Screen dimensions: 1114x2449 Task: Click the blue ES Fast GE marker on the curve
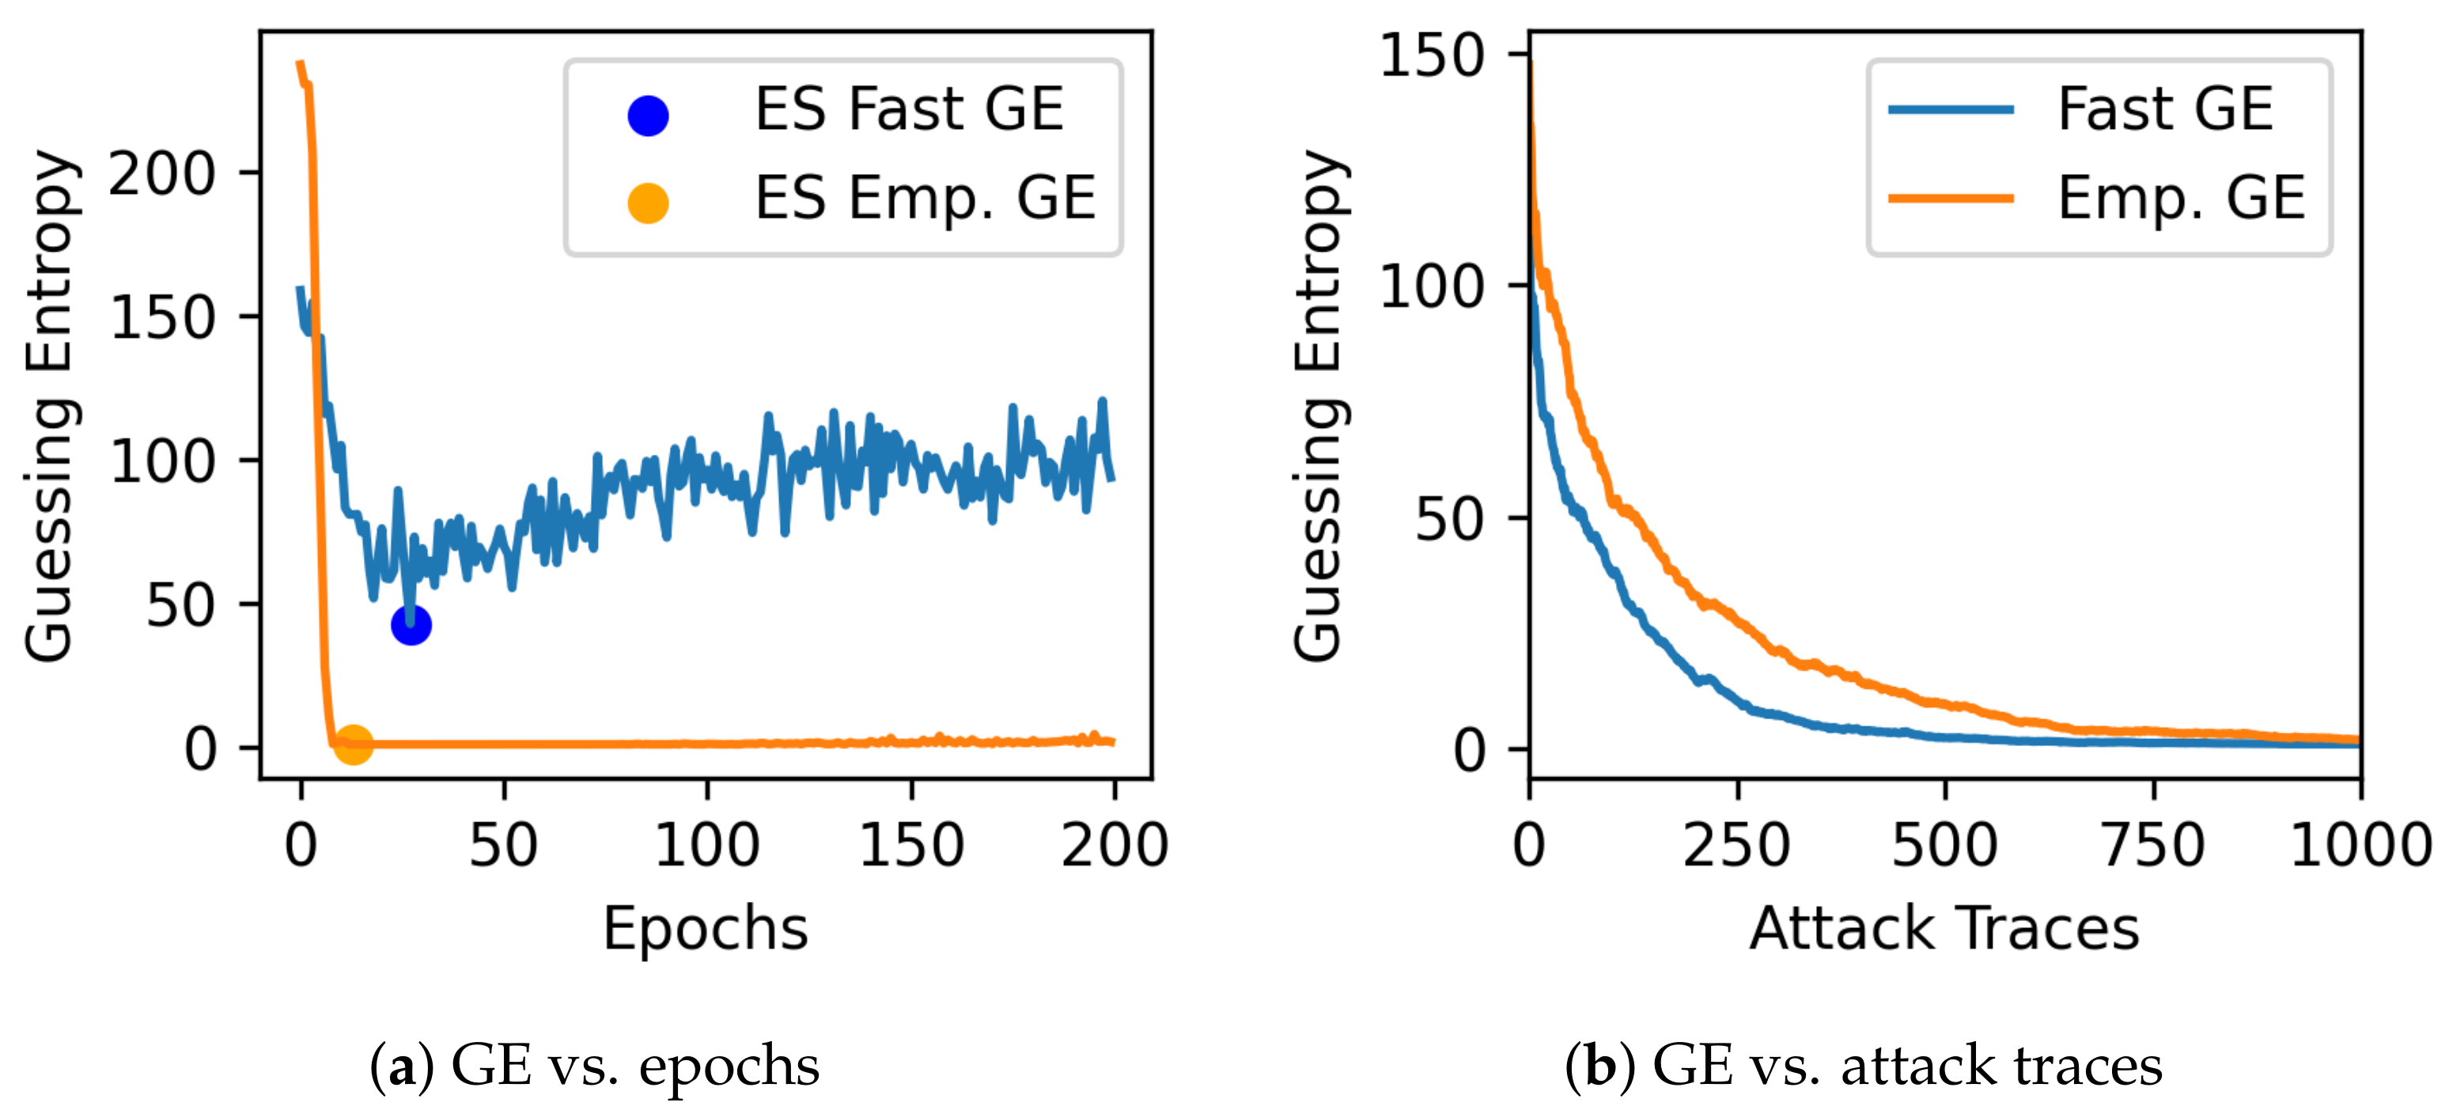(x=411, y=624)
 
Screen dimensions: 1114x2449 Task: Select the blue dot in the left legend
(x=647, y=115)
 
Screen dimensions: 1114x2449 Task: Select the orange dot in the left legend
(x=647, y=203)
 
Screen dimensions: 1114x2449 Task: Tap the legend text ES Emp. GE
(x=925, y=199)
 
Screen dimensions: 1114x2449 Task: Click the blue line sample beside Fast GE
(x=1950, y=109)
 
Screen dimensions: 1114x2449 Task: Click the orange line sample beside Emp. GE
(x=1950, y=198)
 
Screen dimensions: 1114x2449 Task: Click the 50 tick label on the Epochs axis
(x=503, y=844)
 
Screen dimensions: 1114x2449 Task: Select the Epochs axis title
(x=705, y=929)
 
